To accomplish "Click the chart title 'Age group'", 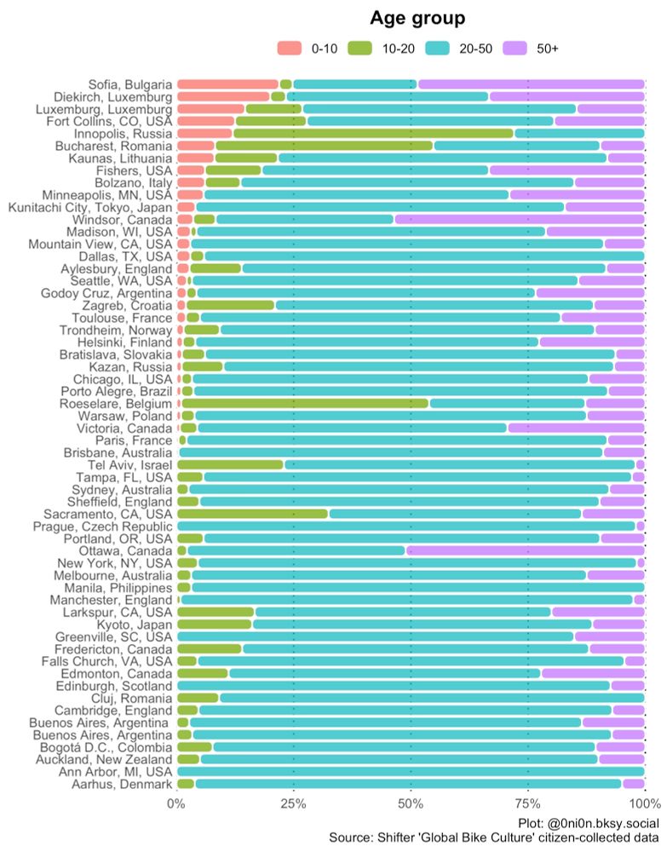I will coord(417,18).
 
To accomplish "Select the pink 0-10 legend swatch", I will coord(290,49).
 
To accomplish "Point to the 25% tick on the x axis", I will coord(293,803).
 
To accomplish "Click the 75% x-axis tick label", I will coord(528,803).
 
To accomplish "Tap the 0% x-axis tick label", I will coord(175,803).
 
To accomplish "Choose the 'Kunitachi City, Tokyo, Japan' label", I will coord(90,207).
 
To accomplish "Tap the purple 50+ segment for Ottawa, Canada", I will coord(525,550).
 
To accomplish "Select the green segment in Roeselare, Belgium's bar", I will coord(305,403).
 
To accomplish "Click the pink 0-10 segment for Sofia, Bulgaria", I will coord(227,84).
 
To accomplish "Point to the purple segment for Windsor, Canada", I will coord(518,219).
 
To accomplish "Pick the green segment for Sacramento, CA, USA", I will coord(252,514).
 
